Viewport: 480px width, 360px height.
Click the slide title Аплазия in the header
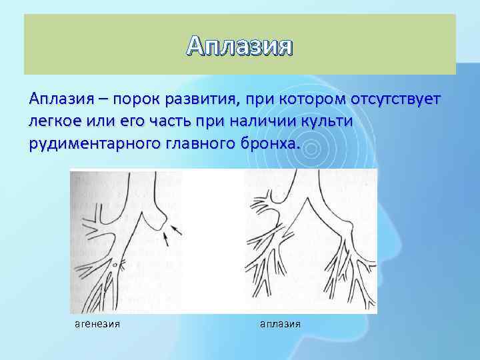tap(240, 46)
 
